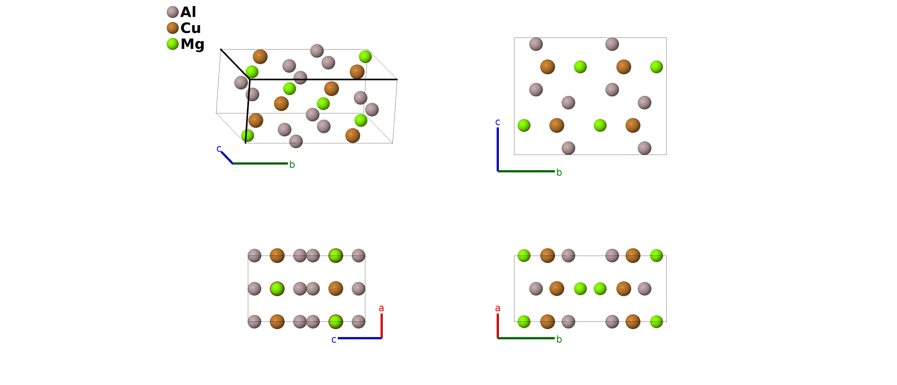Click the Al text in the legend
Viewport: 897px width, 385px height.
[x=188, y=12]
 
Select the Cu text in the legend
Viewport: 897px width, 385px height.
[x=190, y=28]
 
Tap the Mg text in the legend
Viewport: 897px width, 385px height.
[x=192, y=44]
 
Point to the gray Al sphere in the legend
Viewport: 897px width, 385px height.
[x=172, y=12]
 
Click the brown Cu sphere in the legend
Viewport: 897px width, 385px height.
[x=172, y=28]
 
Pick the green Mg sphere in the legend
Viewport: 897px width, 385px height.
[x=172, y=44]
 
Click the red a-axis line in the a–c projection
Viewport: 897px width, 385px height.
[x=381, y=325]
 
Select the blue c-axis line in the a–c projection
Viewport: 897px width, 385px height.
[x=359, y=338]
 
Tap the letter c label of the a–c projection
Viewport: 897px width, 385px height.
[x=334, y=340]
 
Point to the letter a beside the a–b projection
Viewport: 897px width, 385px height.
[x=497, y=308]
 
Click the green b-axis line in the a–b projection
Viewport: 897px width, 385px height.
[x=526, y=338]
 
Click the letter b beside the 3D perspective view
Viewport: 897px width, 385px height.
[x=292, y=165]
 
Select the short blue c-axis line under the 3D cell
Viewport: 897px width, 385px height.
[x=227, y=157]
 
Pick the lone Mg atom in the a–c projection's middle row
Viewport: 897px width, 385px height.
[x=277, y=289]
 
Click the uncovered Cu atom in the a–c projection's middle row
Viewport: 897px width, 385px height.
[x=335, y=288]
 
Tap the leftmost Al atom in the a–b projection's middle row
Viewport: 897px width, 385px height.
[x=536, y=288]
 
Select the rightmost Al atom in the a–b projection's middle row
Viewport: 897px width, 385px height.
[x=644, y=288]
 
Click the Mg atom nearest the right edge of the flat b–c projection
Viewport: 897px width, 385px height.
[x=656, y=67]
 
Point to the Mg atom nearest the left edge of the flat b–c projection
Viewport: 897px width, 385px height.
[x=524, y=125]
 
